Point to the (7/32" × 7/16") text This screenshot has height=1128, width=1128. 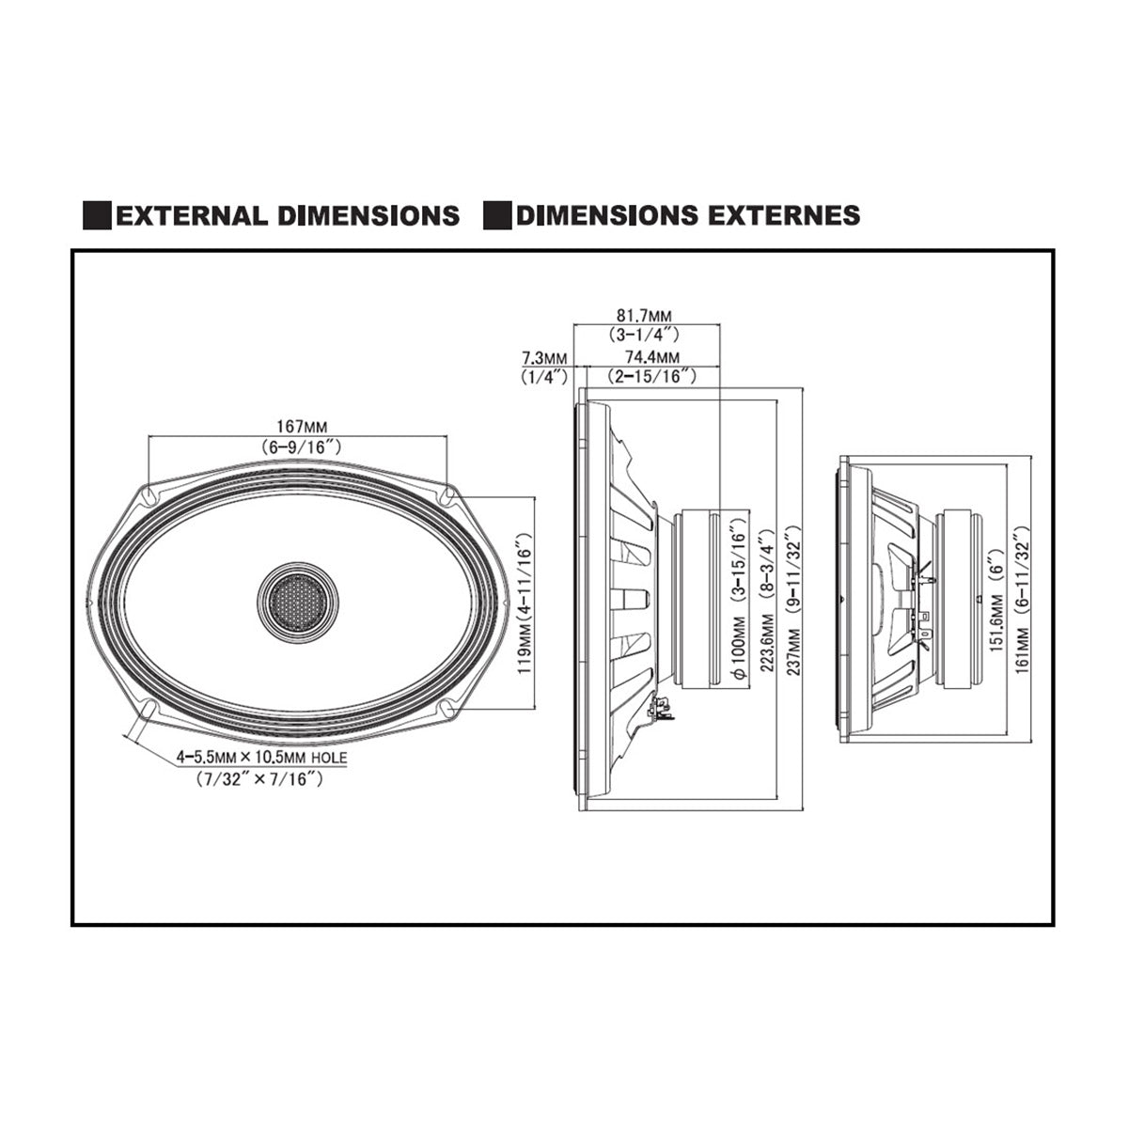tap(260, 778)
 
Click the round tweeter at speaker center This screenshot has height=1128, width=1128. tap(294, 603)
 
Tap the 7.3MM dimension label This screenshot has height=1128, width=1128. tap(544, 357)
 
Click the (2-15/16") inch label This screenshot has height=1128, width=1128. tap(652, 376)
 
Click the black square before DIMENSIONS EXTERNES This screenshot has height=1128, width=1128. tap(497, 215)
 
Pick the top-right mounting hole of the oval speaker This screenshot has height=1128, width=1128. tap(448, 493)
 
